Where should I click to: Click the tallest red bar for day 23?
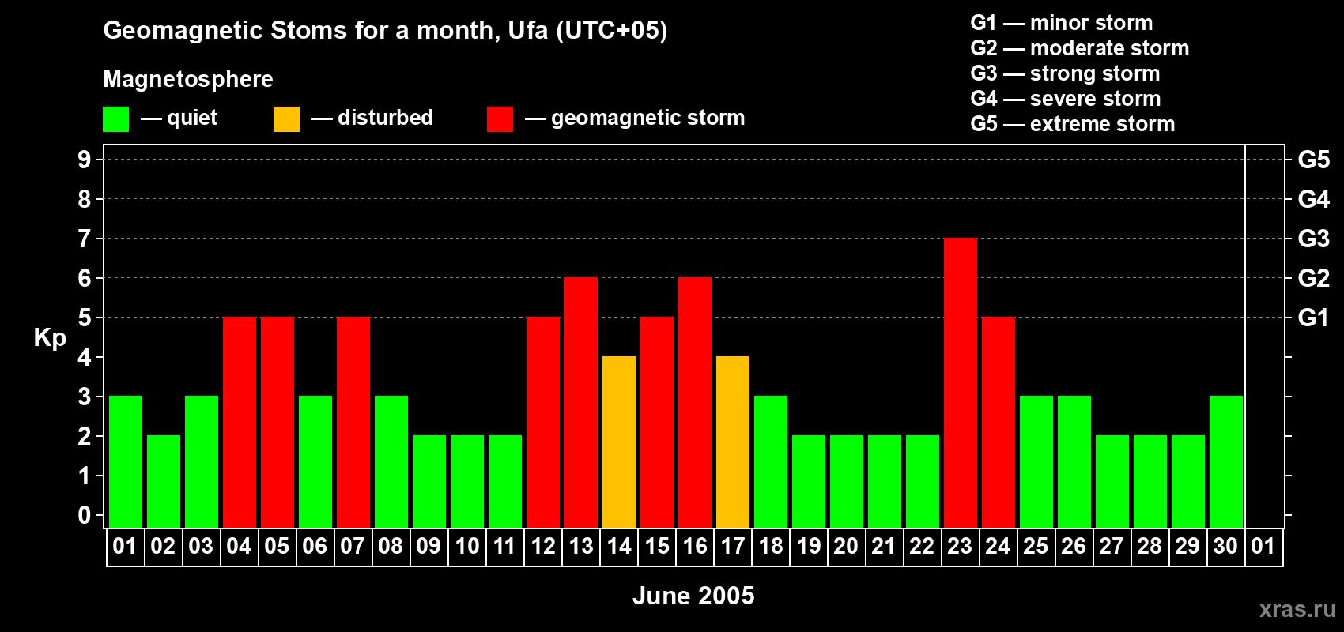960,382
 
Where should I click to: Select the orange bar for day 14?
618,442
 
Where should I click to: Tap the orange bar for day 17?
733,442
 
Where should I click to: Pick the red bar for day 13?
581,402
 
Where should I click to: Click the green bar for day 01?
126,461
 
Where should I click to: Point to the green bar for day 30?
1225,461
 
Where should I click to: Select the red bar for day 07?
353,422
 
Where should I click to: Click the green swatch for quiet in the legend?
115,119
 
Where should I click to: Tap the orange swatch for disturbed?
286,119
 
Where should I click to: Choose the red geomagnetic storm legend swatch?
500,119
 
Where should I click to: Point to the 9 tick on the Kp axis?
84,160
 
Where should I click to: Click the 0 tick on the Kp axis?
84,515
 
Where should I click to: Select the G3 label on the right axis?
1313,239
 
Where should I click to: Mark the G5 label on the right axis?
1313,160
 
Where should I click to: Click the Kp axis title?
50,338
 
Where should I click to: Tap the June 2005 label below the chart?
693,596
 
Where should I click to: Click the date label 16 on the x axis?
695,546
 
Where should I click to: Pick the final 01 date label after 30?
1263,546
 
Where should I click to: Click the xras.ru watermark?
1297,609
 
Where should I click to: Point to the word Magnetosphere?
188,79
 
